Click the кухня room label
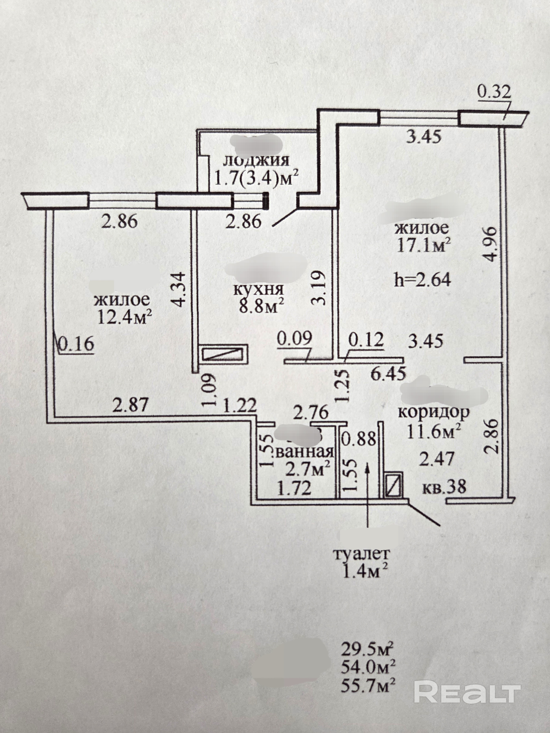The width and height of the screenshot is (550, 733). pos(259,289)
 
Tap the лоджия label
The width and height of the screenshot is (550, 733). pos(256,160)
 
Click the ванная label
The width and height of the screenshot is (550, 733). pos(304,452)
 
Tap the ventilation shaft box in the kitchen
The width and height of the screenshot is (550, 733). pos(224,354)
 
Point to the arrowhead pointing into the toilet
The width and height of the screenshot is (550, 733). pos(367,468)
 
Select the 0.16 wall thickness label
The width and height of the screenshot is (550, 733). pos(76,344)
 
